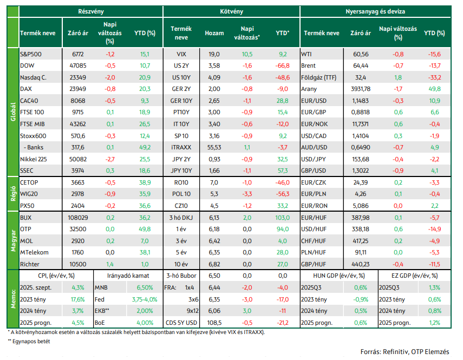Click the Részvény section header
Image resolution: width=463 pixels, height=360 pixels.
[x=90, y=11]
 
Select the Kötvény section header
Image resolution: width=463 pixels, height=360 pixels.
[x=232, y=11]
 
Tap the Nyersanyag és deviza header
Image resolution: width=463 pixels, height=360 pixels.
[x=375, y=11]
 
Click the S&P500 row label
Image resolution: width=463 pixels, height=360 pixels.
[x=31, y=54]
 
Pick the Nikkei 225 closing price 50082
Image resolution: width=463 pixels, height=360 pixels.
[x=78, y=159]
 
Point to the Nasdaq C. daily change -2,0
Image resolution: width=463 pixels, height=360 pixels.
[x=110, y=77]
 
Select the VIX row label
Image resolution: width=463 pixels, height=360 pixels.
[x=181, y=54]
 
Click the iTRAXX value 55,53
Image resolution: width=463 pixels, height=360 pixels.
[x=214, y=147]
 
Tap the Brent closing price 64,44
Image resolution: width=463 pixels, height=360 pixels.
[x=361, y=66]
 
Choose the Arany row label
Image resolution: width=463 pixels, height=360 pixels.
[x=309, y=89]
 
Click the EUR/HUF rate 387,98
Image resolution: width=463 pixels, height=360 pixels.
[x=361, y=218]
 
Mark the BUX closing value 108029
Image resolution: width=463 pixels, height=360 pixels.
[x=78, y=218]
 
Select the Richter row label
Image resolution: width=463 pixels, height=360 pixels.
[x=30, y=264]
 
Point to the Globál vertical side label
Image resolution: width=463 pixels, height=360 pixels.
[x=13, y=112]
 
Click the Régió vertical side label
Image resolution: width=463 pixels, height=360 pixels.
[x=13, y=194]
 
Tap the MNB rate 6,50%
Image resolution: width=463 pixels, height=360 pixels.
[x=145, y=287]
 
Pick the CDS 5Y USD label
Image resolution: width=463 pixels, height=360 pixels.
[x=181, y=323]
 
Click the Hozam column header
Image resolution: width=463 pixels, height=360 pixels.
[x=214, y=33]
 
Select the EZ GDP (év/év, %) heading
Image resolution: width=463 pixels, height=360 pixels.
[x=414, y=276]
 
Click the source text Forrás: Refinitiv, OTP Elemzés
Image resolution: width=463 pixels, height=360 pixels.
[x=405, y=352]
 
